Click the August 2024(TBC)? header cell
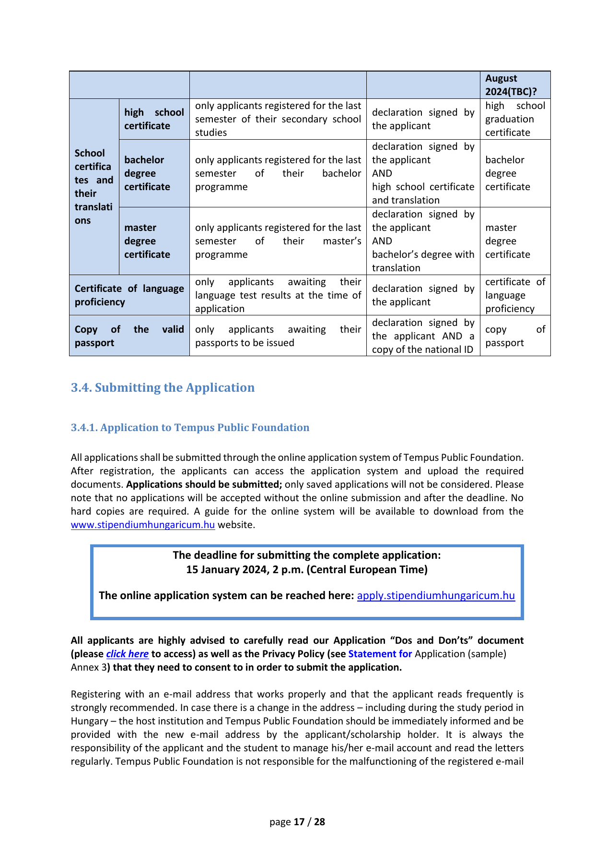click(x=511, y=85)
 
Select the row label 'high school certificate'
click(x=153, y=119)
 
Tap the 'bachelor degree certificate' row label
click(x=147, y=173)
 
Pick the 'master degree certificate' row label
click(x=147, y=241)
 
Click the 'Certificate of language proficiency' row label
click(x=129, y=295)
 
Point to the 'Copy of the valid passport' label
click(x=129, y=336)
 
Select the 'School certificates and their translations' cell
click(x=93, y=187)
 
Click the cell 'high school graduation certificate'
click(x=515, y=119)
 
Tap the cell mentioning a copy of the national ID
click(x=423, y=336)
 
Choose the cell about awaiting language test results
click(x=278, y=295)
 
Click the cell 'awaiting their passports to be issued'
click(x=278, y=336)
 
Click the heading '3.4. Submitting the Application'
click(x=163, y=387)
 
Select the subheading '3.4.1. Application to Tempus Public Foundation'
click(x=190, y=427)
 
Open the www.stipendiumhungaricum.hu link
click(x=142, y=525)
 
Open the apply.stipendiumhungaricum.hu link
click(x=436, y=596)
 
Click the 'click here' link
click(x=127, y=654)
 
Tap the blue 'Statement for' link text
click(x=380, y=654)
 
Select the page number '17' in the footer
click(x=299, y=822)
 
